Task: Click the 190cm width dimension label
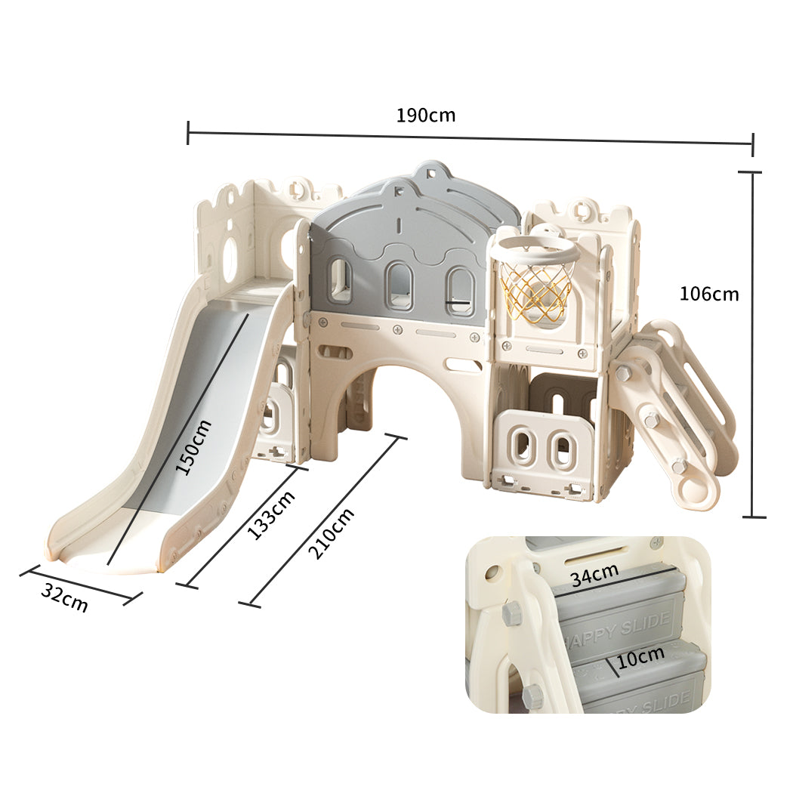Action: (x=425, y=116)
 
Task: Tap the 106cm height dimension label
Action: (x=708, y=294)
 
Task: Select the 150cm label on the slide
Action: (x=193, y=446)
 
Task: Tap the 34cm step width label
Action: (x=594, y=576)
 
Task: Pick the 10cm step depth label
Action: (x=640, y=656)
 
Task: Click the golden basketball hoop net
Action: (x=536, y=291)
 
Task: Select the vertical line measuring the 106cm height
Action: (x=751, y=344)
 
